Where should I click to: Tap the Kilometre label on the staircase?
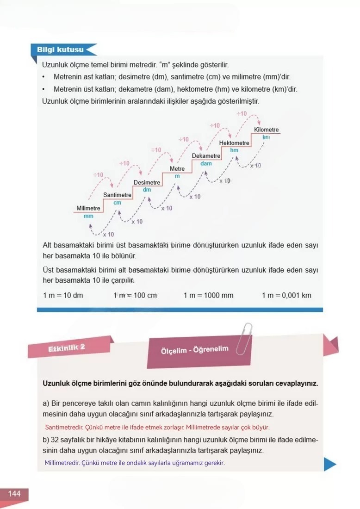click(x=267, y=130)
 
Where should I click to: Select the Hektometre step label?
click(x=234, y=143)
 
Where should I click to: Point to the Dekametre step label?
click(x=206, y=156)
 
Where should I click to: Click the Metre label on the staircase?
click(x=177, y=169)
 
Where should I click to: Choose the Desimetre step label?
click(x=147, y=182)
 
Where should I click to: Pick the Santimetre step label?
click(x=117, y=195)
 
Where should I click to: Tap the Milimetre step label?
click(x=88, y=208)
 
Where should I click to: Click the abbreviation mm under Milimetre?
click(x=88, y=216)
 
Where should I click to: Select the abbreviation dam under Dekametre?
click(x=206, y=163)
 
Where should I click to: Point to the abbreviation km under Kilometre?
click(x=266, y=137)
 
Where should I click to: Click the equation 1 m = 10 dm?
click(x=63, y=295)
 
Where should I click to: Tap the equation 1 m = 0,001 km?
click(x=286, y=295)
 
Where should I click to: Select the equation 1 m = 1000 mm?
click(x=208, y=295)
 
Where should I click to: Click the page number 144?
click(x=14, y=494)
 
